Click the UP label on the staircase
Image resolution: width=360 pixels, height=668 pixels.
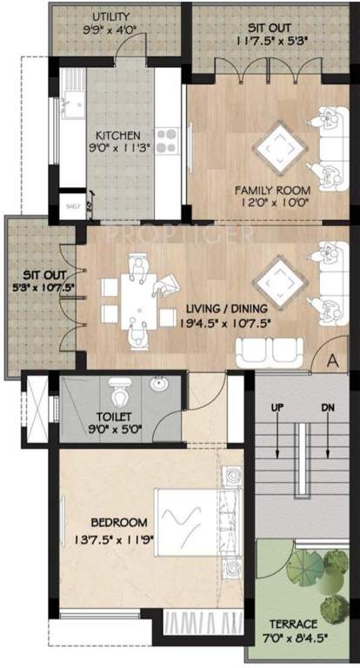tap(277, 407)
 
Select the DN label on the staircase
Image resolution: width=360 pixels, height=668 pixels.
tap(327, 407)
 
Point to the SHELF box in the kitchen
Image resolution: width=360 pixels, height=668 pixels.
tap(72, 207)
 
